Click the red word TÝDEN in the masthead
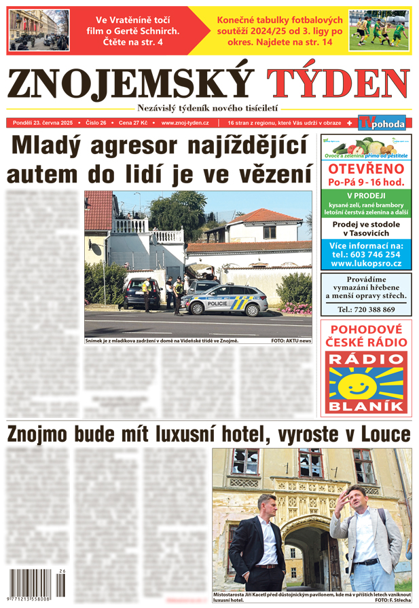click(x=338, y=84)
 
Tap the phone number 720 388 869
click(x=366, y=309)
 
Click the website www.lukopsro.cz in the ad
click(x=366, y=263)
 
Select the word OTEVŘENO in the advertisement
click(x=366, y=169)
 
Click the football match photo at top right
click(x=379, y=30)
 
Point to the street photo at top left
click(x=38, y=30)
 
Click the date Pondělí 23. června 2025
click(x=44, y=123)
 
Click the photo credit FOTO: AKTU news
click(x=291, y=341)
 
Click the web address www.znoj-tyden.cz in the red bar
click(x=185, y=123)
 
